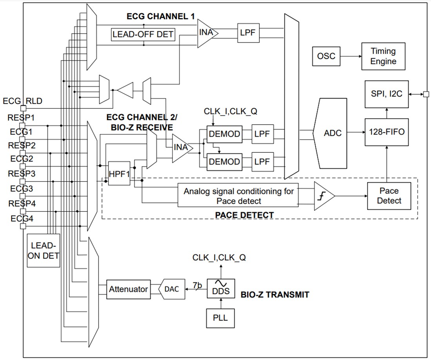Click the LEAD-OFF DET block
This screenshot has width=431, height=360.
(x=143, y=34)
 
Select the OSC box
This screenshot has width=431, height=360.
(x=326, y=56)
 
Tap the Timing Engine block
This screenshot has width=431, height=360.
(x=383, y=56)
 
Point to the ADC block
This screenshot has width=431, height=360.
(x=332, y=133)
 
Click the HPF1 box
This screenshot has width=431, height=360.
(x=119, y=173)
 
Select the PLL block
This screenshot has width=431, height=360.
(x=220, y=317)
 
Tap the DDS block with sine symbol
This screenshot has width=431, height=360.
(x=220, y=288)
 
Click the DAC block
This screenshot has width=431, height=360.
(x=172, y=289)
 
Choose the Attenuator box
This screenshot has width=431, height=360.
(x=128, y=289)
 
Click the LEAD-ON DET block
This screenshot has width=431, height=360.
(x=43, y=251)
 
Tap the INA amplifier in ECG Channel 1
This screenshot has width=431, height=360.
(x=206, y=33)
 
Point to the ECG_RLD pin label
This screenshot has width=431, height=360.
(x=22, y=101)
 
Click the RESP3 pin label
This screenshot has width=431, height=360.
(x=22, y=174)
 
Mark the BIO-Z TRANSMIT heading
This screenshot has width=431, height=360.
(x=275, y=295)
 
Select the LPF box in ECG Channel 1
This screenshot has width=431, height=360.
(x=248, y=33)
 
